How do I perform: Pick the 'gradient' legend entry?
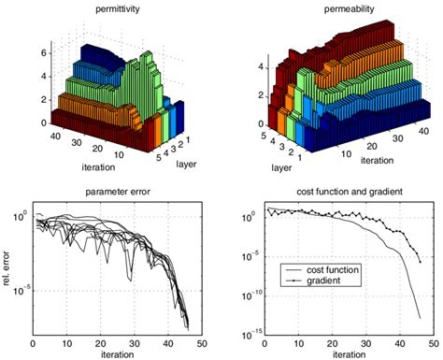pyautogui.click(x=319, y=282)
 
